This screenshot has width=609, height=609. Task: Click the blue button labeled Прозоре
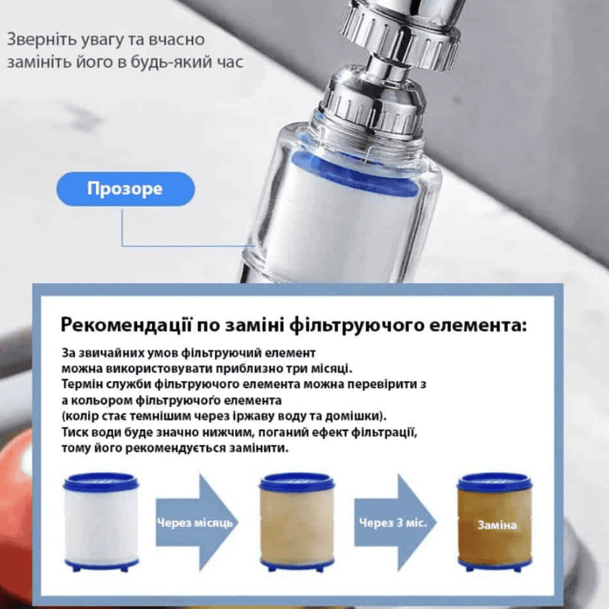(x=126, y=189)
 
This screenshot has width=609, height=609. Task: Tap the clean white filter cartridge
(x=101, y=522)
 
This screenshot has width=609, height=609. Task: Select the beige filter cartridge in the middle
(x=297, y=522)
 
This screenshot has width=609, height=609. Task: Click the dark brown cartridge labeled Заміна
(x=495, y=522)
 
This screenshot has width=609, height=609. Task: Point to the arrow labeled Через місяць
(x=197, y=523)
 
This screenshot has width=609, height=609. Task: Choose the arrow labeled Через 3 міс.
(x=395, y=523)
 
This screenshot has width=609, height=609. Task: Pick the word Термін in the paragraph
(x=82, y=385)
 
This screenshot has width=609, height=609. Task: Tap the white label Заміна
(x=497, y=525)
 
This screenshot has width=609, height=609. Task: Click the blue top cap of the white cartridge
(x=101, y=482)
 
